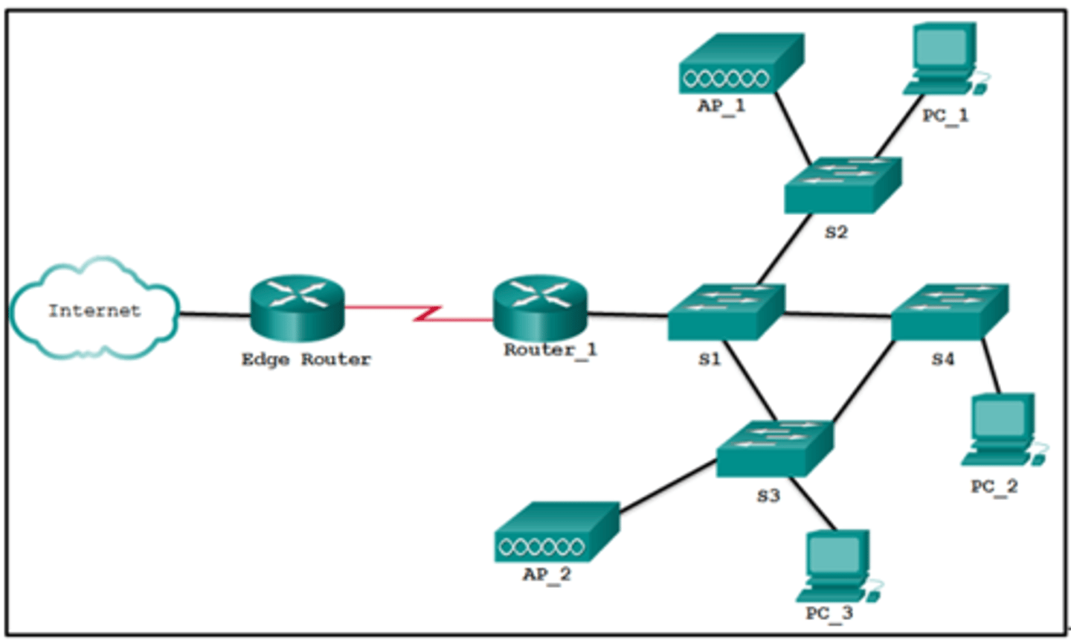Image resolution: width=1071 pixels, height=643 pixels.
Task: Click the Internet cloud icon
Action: [94, 310]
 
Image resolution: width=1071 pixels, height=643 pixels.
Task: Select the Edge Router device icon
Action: [297, 307]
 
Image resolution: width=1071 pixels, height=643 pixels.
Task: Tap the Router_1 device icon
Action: [540, 307]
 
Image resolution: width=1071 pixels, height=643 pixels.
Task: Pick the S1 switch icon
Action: [725, 313]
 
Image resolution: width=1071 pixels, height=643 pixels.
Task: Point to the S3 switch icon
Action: [773, 449]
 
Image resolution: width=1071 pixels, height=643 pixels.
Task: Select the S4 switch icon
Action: [949, 312]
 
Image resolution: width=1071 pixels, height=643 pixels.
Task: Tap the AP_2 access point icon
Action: [556, 533]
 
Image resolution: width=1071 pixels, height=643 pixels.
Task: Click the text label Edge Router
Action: [306, 359]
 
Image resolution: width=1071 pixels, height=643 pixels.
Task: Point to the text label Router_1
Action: [550, 350]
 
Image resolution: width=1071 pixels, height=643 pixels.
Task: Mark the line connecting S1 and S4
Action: [837, 315]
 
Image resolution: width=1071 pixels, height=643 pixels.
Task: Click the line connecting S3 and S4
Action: [863, 383]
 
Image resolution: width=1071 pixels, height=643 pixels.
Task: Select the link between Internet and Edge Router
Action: [214, 314]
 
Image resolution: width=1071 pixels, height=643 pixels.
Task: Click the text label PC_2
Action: [994, 487]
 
